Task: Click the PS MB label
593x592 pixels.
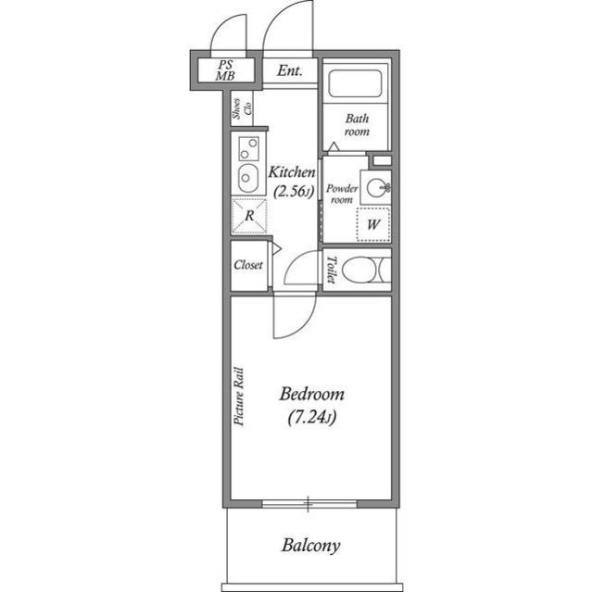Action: click(x=225, y=70)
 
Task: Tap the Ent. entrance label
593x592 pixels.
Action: click(x=290, y=69)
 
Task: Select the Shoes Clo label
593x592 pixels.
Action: click(x=242, y=109)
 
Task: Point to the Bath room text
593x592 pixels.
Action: click(x=357, y=125)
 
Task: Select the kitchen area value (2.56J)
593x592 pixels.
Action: click(x=293, y=192)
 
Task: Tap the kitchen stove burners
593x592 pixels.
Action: click(x=247, y=146)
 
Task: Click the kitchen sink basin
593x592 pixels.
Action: click(x=247, y=176)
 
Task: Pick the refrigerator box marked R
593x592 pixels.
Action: click(x=248, y=218)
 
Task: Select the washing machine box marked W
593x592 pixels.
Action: click(x=374, y=224)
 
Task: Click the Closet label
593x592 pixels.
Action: click(x=248, y=265)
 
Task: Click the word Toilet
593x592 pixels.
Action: click(x=331, y=269)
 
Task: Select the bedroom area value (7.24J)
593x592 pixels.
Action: click(x=310, y=418)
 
